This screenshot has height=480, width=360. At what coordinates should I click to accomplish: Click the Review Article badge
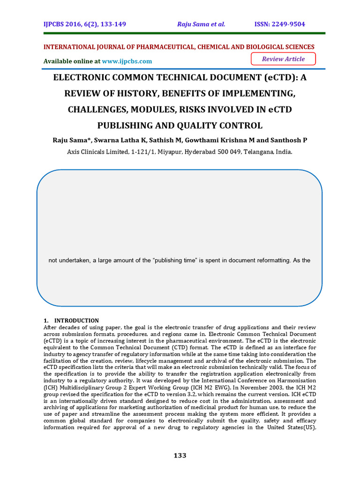pyautogui.click(x=283, y=59)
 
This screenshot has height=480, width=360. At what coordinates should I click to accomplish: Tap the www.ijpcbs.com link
pyautogui.click(x=127, y=61)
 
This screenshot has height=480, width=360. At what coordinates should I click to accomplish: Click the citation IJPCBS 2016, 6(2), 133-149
pyautogui.click(x=85, y=24)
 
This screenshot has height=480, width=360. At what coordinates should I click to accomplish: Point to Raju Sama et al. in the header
pyautogui.click(x=201, y=24)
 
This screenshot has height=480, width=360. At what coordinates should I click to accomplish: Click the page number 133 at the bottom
pyautogui.click(x=180, y=456)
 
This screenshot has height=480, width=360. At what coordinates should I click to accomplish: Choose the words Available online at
pyautogui.click(x=72, y=61)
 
